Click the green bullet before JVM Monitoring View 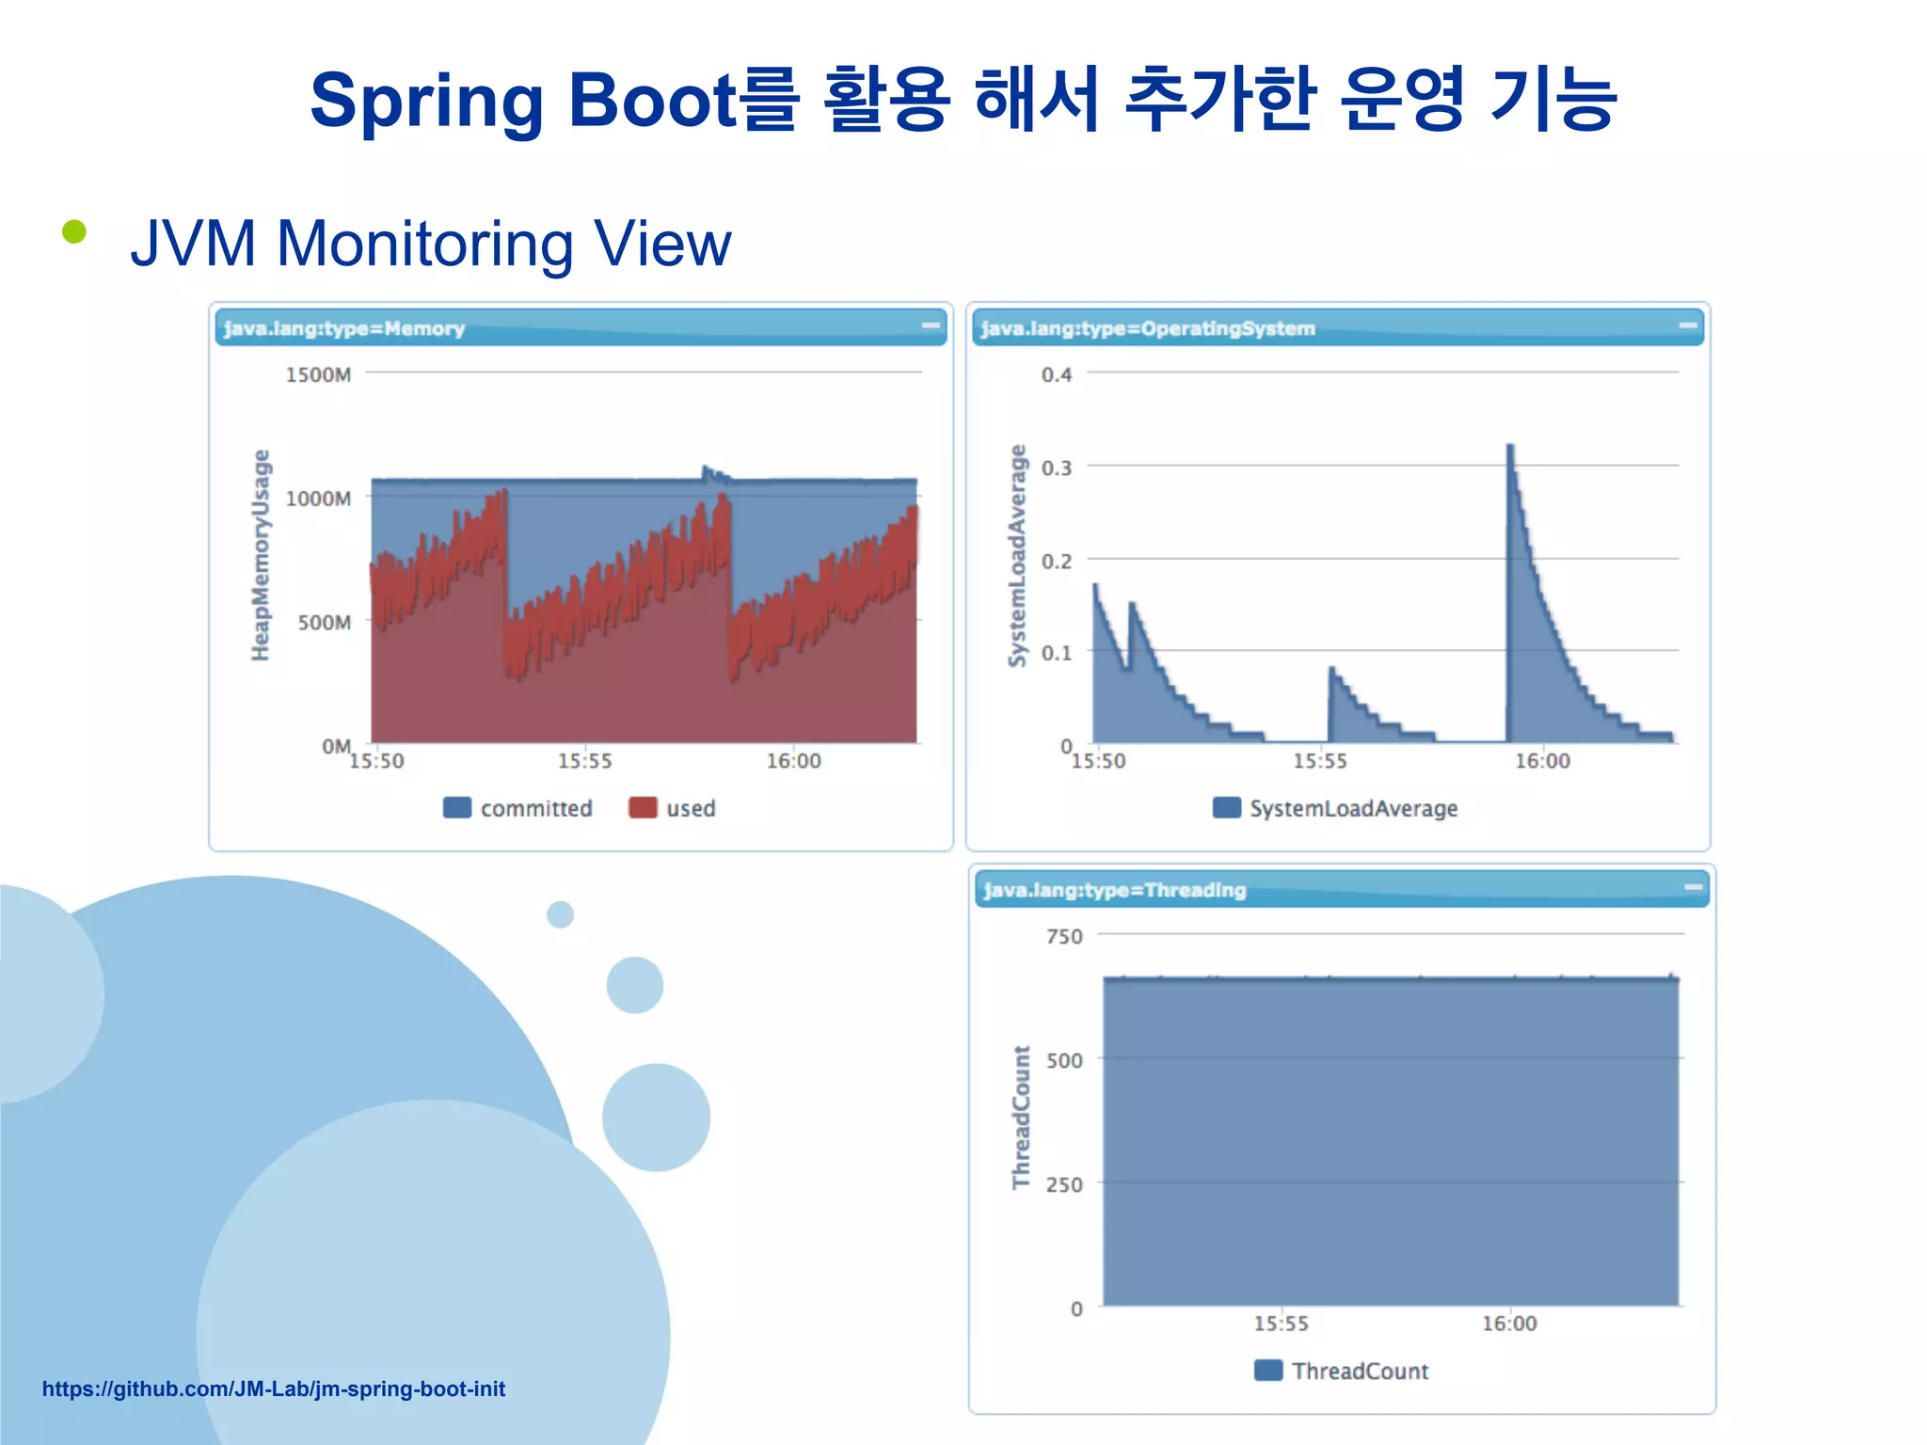(74, 231)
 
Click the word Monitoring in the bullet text (424, 245)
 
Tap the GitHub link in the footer (274, 1389)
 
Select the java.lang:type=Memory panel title (344, 328)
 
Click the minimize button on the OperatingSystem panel (1687, 326)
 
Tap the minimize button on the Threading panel (1693, 887)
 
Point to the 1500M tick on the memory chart (318, 374)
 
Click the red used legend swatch (643, 808)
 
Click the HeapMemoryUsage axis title (261, 555)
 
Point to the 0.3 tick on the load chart (1056, 468)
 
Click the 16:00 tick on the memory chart (793, 761)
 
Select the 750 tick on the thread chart (1064, 937)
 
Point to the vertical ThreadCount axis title (1021, 1117)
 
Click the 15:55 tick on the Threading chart (1281, 1324)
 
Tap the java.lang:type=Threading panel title (1115, 890)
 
